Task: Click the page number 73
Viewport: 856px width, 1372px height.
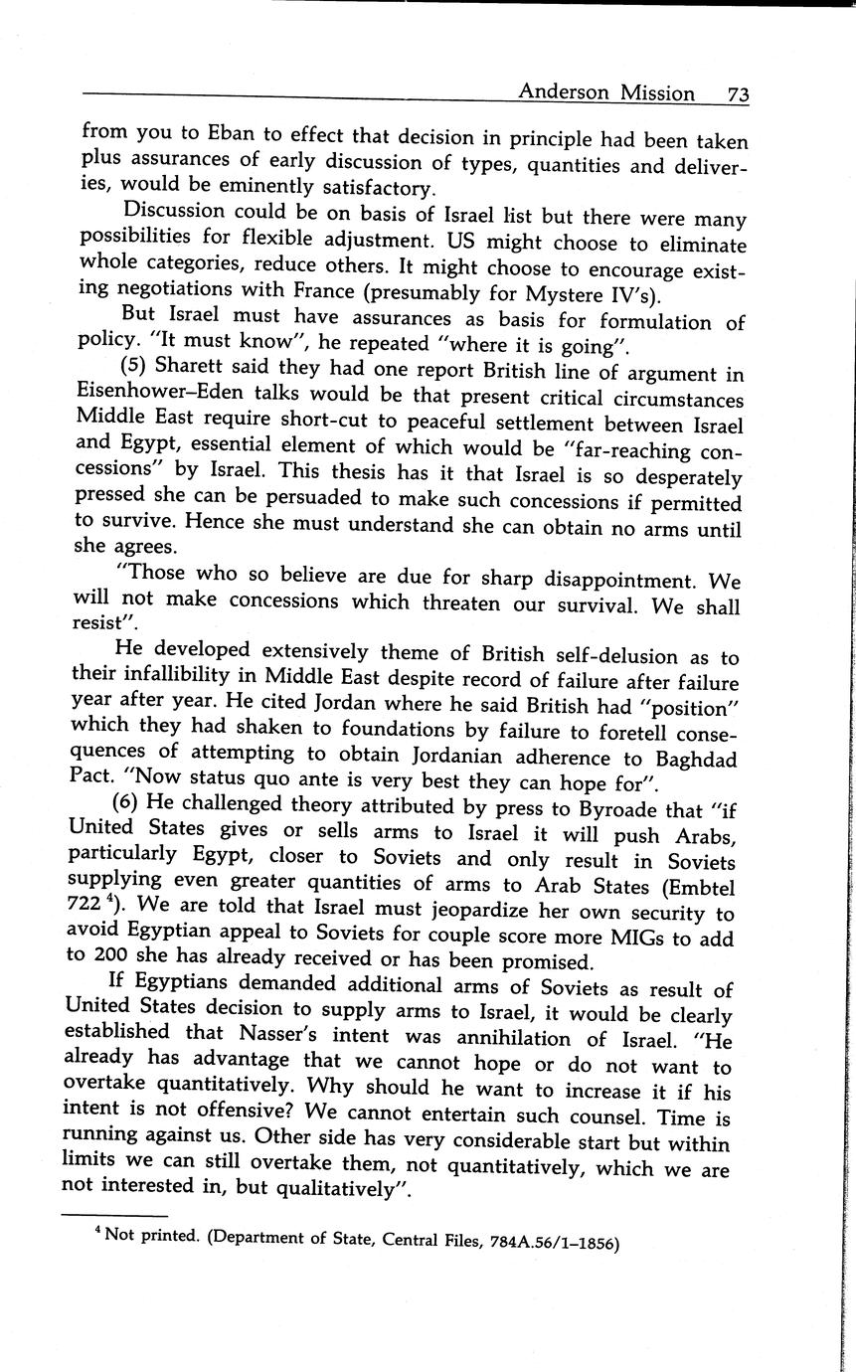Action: click(x=737, y=94)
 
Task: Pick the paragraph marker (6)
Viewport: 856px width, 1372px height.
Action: click(x=136, y=802)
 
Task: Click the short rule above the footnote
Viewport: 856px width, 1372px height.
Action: click(x=114, y=1216)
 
